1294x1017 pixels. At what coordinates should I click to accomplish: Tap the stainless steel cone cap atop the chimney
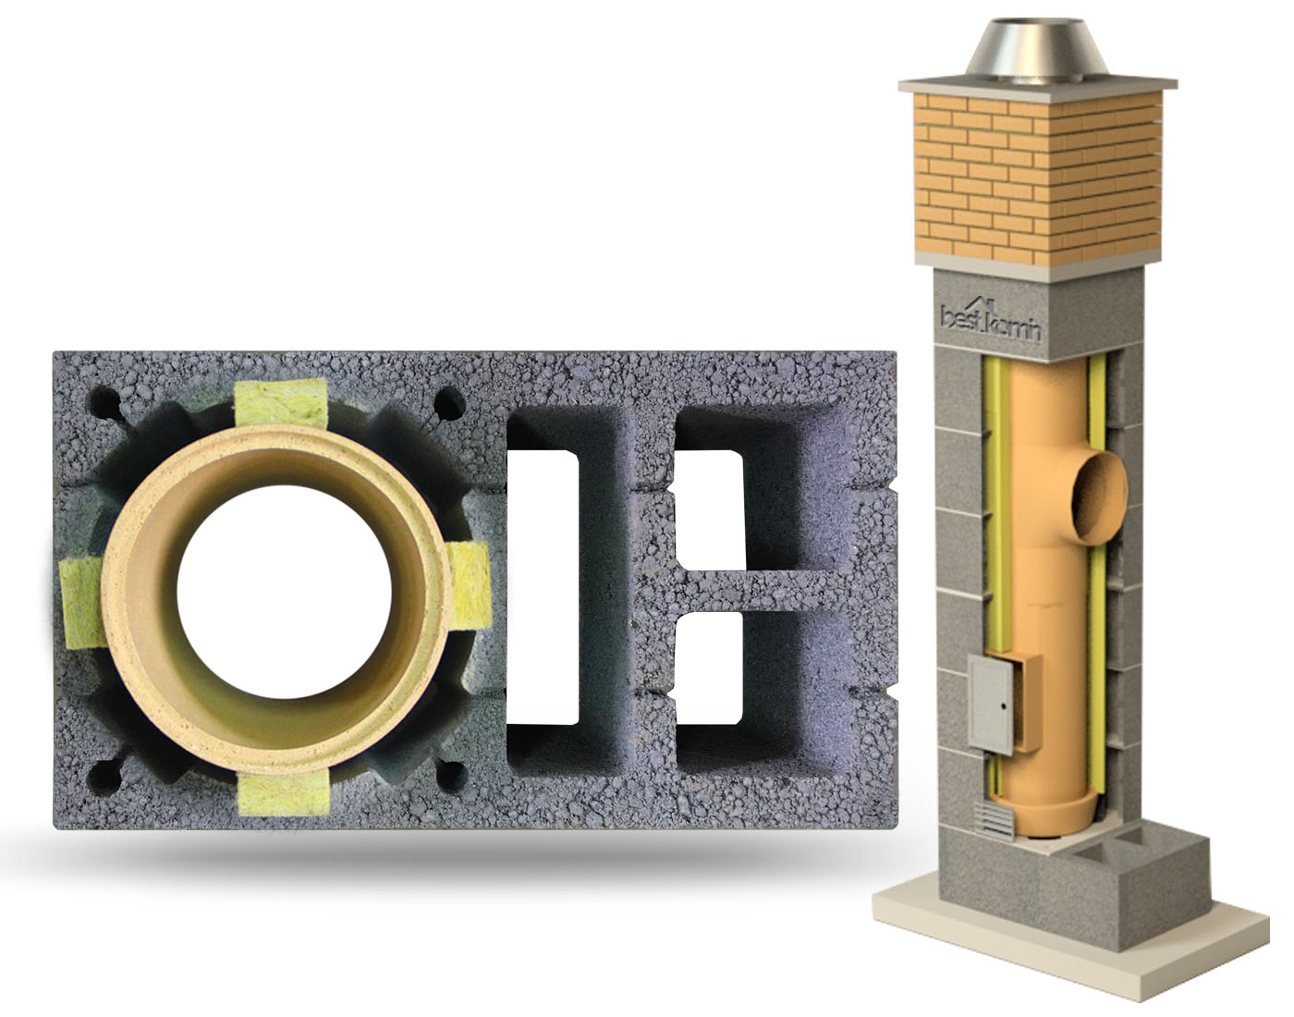(1037, 53)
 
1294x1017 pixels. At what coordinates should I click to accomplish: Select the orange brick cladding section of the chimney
(1037, 178)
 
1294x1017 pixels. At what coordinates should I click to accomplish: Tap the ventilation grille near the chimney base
(994, 822)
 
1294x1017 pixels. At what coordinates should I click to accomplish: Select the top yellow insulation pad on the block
(280, 403)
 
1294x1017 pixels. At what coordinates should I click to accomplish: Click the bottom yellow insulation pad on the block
(284, 795)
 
